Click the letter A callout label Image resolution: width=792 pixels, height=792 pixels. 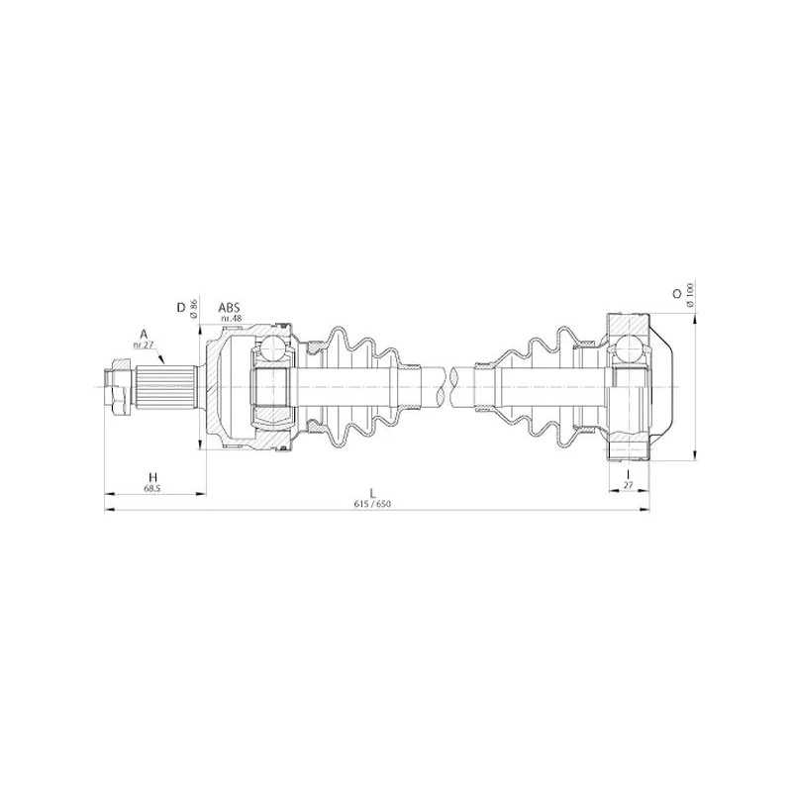144,334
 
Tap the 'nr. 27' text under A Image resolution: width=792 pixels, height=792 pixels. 143,345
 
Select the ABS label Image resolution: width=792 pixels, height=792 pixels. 229,308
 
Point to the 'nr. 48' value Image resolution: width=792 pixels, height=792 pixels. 232,318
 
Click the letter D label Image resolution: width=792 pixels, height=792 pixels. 180,308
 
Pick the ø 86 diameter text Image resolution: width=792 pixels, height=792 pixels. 193,308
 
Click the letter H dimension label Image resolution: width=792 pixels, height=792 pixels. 152,477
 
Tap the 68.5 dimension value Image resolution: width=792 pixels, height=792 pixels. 152,488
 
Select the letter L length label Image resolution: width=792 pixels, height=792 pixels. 373,493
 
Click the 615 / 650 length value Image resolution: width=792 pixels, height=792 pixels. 373,504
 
